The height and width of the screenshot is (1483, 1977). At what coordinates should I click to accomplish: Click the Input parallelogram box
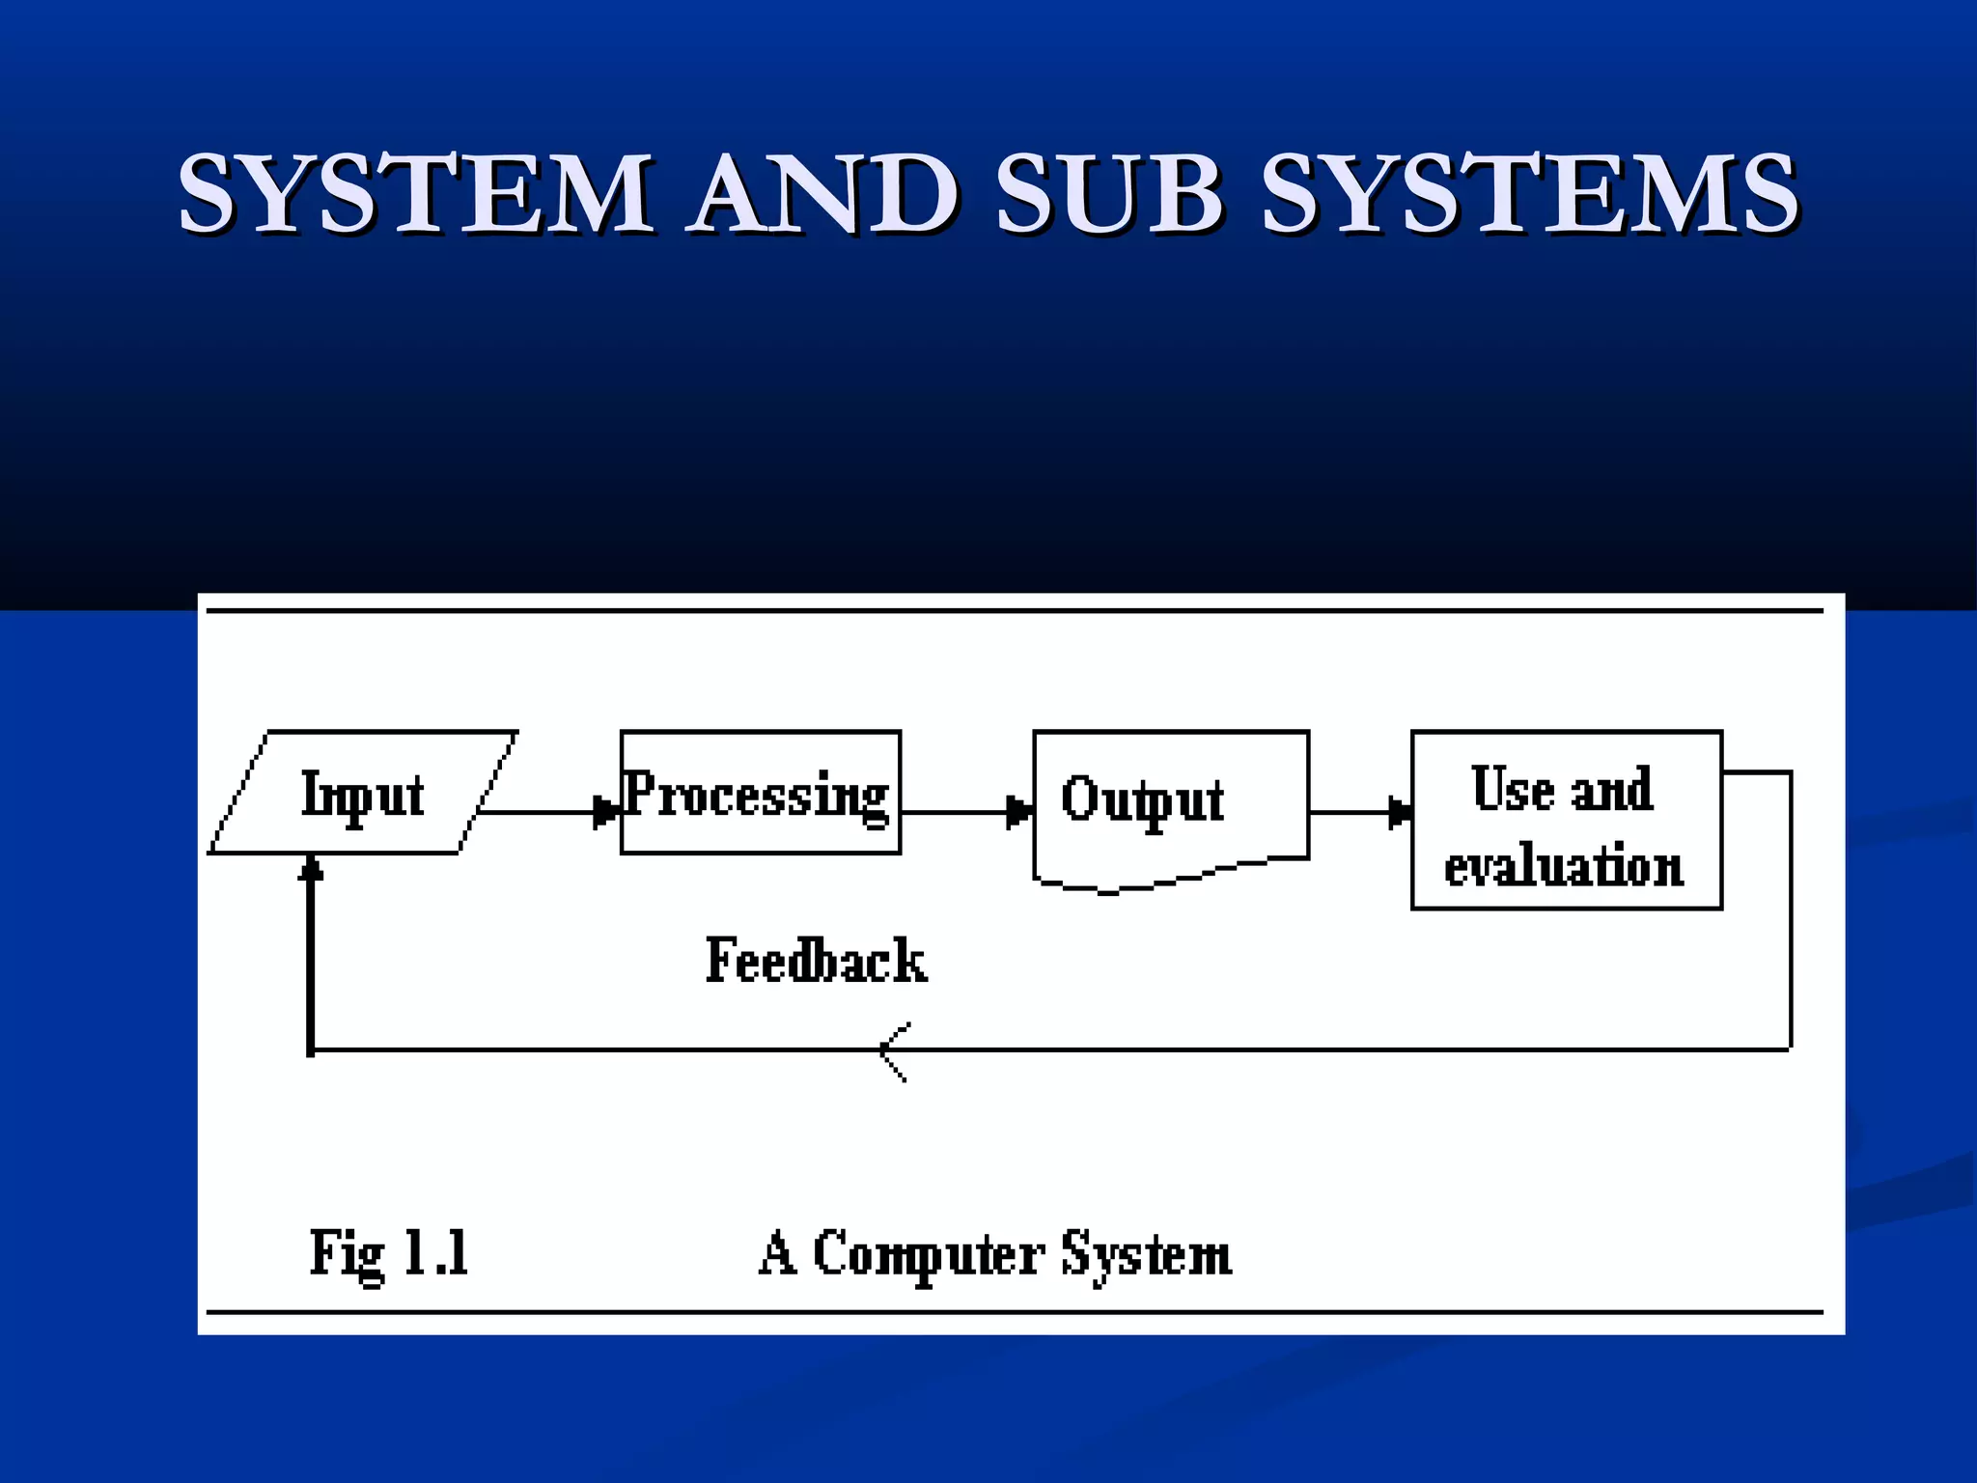point(363,794)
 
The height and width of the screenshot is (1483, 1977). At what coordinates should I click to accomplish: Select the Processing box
point(760,794)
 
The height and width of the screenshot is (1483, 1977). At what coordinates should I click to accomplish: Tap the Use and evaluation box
point(1565,821)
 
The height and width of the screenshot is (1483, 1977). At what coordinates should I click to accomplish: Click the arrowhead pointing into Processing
point(606,812)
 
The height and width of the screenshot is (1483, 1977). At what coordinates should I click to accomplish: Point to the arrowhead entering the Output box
point(1018,812)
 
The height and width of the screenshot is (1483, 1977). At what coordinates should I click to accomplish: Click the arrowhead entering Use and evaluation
point(1399,812)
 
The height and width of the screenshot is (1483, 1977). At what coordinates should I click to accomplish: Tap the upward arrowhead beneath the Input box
point(310,869)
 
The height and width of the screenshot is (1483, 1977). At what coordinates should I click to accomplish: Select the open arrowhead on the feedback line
point(893,1050)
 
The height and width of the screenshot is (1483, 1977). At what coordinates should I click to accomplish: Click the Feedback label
point(816,961)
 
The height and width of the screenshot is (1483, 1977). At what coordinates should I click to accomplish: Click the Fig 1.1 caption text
point(389,1253)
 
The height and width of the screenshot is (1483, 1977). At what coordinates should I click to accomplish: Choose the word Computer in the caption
point(928,1255)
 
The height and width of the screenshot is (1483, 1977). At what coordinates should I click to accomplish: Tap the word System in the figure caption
point(1146,1255)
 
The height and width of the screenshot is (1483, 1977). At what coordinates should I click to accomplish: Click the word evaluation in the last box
point(1563,865)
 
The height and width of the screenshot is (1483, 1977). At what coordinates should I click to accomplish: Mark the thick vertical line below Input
point(310,965)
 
